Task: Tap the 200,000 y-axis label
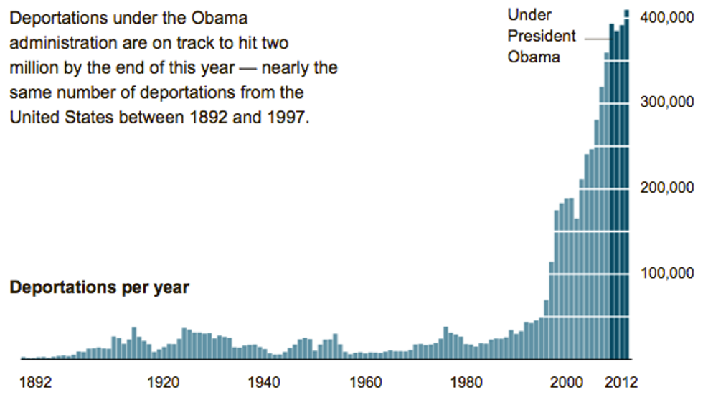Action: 668,188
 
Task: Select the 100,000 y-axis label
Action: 668,273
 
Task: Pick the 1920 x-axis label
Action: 163,381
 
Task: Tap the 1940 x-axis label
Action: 265,381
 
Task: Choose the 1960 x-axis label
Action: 367,381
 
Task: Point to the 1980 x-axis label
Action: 468,381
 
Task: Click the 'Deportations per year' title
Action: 99,288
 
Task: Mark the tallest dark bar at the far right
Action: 626,179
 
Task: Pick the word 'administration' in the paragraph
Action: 60,42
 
